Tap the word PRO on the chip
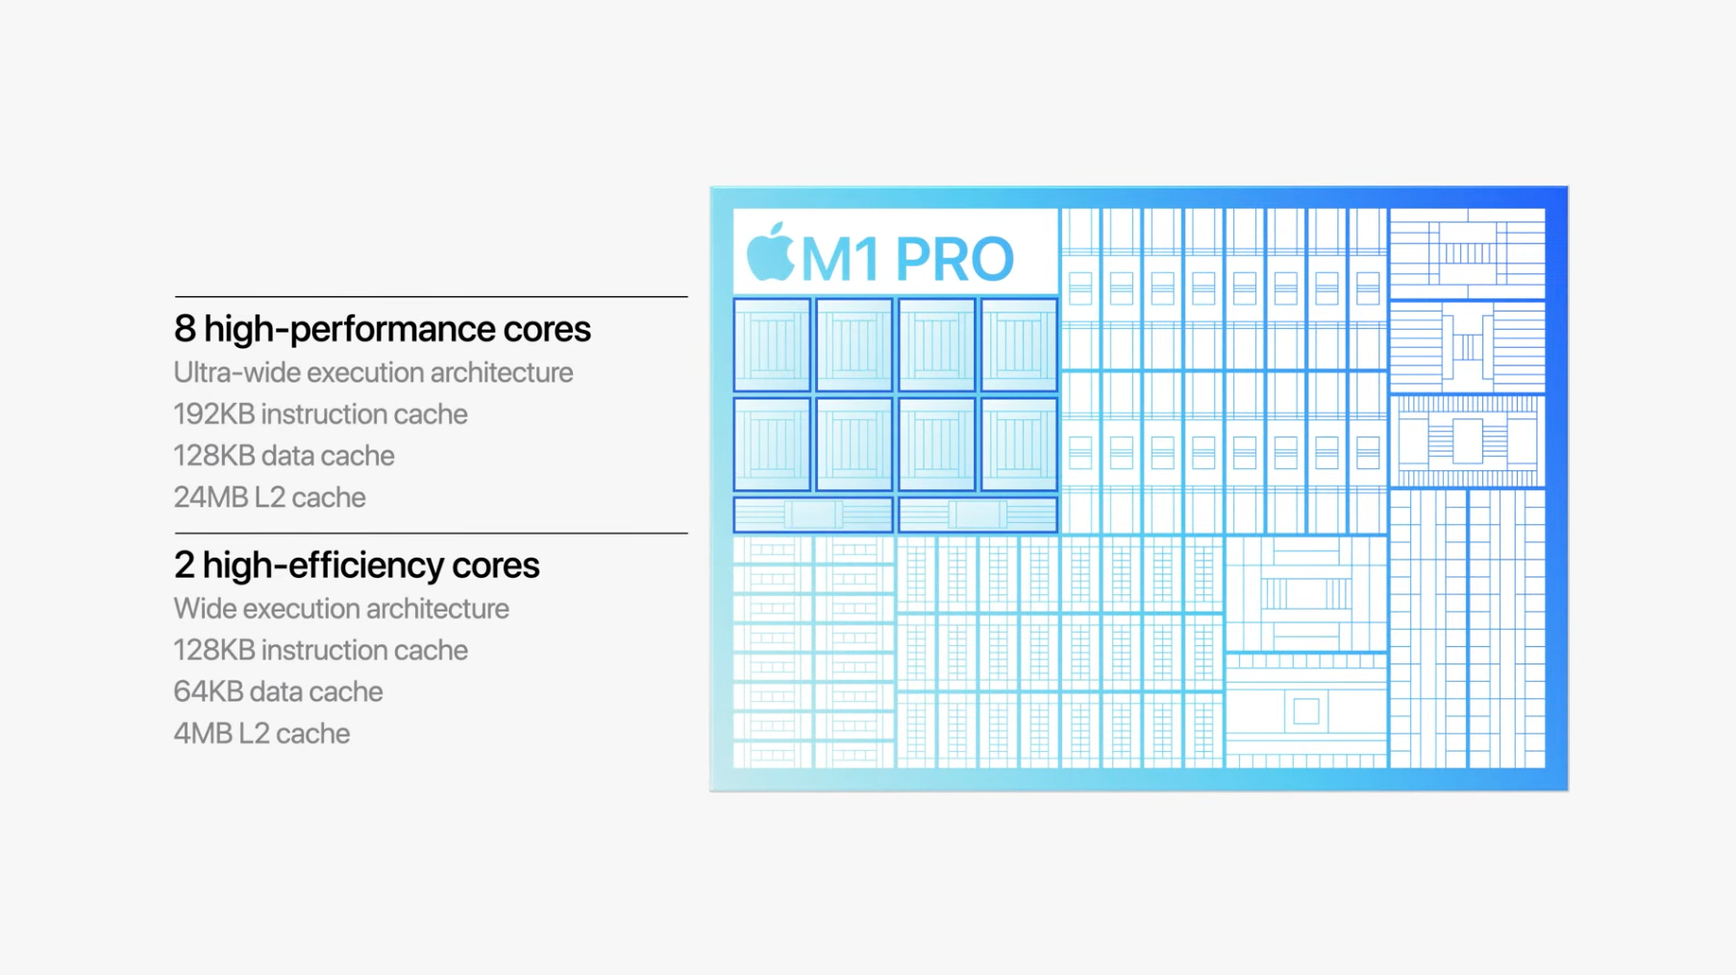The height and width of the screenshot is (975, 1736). click(x=955, y=259)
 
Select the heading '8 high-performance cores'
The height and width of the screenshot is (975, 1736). click(x=383, y=329)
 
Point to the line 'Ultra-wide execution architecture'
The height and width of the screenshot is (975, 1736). click(x=373, y=372)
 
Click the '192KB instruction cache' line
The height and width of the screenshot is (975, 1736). click(x=320, y=413)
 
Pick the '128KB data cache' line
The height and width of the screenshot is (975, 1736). click(x=284, y=455)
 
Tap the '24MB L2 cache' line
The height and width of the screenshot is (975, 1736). click(x=269, y=497)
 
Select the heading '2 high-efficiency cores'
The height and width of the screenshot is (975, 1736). click(x=357, y=564)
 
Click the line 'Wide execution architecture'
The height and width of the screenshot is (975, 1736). click(x=341, y=609)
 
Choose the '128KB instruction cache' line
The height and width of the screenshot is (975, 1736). click(x=320, y=650)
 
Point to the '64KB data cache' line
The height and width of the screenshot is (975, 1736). click(x=278, y=691)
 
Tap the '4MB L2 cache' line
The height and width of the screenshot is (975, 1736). click(x=261, y=734)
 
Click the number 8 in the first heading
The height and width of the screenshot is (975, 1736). click(x=185, y=329)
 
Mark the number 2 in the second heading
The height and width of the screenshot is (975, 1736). click(x=184, y=564)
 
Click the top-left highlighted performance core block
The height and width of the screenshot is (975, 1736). click(x=772, y=344)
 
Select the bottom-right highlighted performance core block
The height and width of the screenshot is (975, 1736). click(x=1019, y=444)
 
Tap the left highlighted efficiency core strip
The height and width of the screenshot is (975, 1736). click(x=813, y=514)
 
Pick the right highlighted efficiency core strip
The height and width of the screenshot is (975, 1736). click(x=978, y=514)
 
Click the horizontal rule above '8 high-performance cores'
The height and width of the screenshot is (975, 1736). click(x=431, y=297)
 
